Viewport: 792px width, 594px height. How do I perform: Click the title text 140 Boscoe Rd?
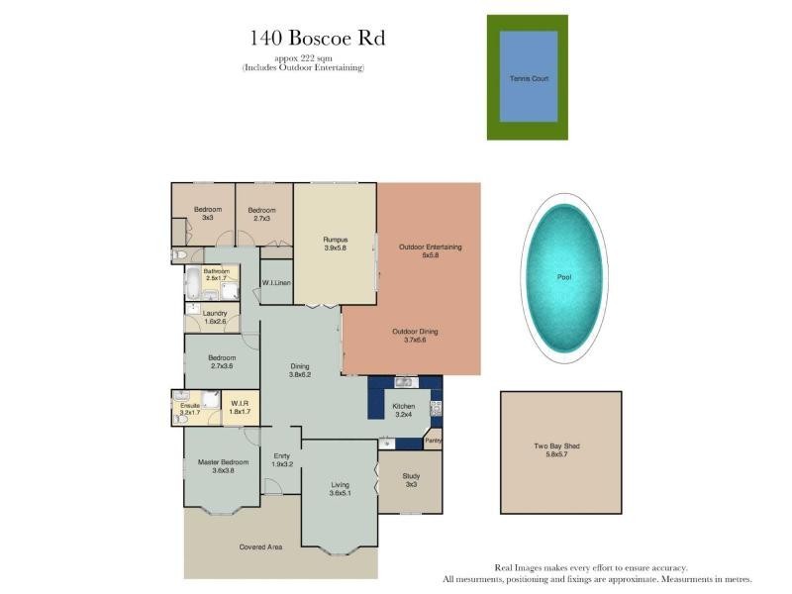pyautogui.click(x=316, y=39)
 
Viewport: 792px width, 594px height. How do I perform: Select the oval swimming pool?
pyautogui.click(x=564, y=277)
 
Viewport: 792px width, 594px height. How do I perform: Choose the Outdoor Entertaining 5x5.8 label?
pyautogui.click(x=430, y=250)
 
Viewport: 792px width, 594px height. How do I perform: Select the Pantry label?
pyautogui.click(x=433, y=442)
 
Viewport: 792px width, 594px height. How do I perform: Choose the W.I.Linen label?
pyautogui.click(x=276, y=284)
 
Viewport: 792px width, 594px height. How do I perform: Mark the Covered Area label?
pyautogui.click(x=261, y=546)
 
